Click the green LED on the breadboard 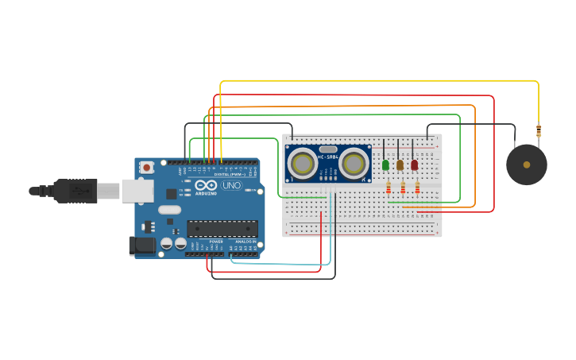(385, 165)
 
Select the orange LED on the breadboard (400, 165)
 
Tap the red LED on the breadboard (414, 165)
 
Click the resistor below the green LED (388, 188)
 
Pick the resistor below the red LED (417, 188)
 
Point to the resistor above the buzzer (539, 131)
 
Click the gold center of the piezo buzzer (527, 165)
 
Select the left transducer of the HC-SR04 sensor (302, 164)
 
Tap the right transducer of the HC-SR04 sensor (354, 164)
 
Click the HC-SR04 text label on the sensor (328, 157)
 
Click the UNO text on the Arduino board (231, 186)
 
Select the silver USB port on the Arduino (137, 191)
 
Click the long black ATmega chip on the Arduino (222, 229)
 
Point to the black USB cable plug (75, 191)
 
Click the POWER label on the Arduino (216, 242)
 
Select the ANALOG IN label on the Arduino (245, 242)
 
